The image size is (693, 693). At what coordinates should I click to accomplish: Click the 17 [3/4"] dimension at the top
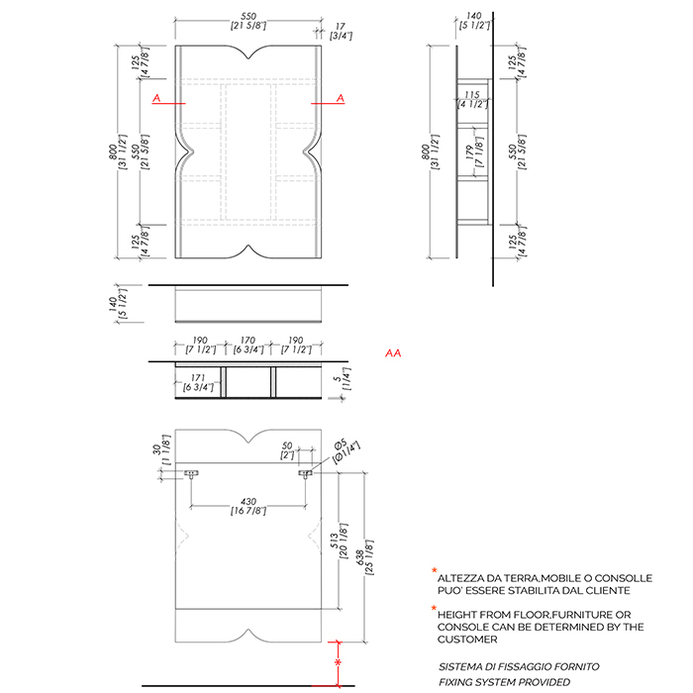341,30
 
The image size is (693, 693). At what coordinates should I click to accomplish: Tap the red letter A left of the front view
155,97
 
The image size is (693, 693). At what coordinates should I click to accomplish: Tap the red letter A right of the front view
341,97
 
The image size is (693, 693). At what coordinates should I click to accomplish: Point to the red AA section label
393,353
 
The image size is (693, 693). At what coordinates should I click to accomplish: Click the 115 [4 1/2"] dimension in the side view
473,98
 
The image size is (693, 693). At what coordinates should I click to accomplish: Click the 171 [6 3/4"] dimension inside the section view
195,382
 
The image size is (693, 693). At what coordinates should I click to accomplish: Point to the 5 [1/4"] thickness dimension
340,381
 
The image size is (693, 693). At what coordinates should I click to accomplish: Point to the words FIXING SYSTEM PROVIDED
505,682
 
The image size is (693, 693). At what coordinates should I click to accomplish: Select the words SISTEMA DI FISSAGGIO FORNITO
519,666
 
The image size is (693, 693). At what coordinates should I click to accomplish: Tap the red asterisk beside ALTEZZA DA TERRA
433,571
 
